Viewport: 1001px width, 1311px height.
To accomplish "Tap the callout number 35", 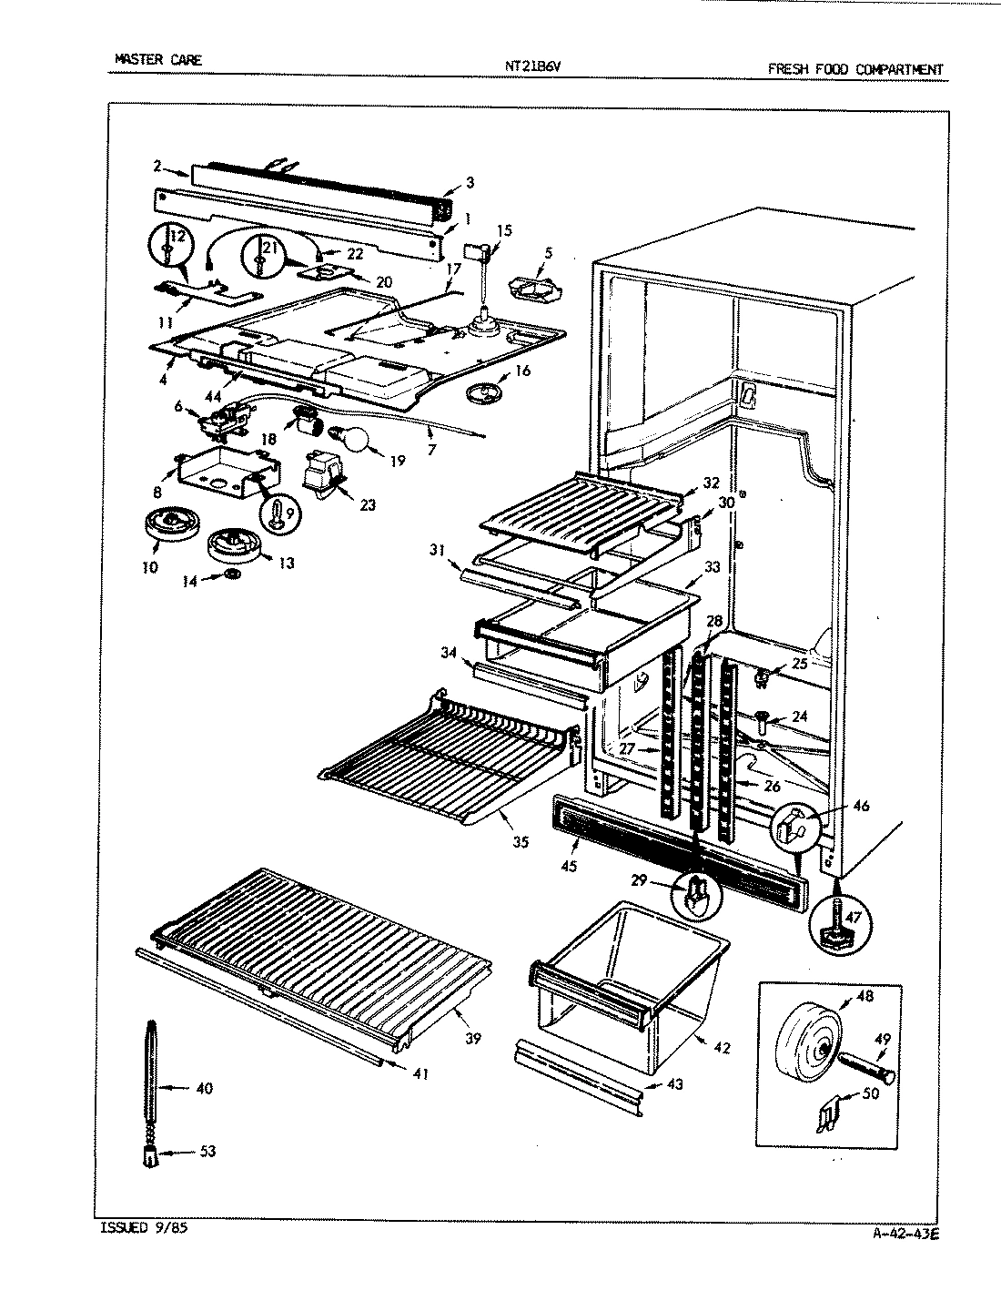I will coord(520,842).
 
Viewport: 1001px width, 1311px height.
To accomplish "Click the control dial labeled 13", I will coord(235,546).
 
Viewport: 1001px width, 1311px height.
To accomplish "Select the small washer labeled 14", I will coord(233,574).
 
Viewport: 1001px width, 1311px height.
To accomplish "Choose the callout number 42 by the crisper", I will coord(722,1047).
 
